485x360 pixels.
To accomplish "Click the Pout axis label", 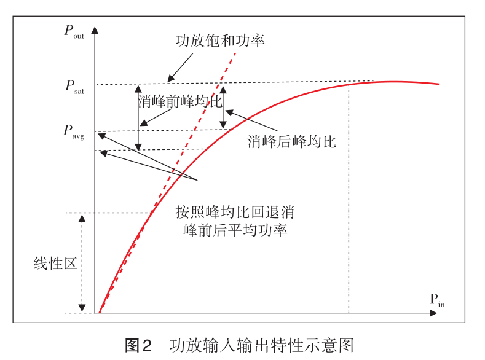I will [74, 33].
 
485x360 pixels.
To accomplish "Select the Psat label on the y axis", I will [74, 87].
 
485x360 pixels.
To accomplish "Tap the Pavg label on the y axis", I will [73, 131].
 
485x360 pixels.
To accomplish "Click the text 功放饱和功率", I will [219, 41].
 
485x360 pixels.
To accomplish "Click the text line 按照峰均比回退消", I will [234, 213].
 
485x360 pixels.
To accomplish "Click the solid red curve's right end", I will [438, 84].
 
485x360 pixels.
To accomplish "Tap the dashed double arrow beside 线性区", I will [82, 264].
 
